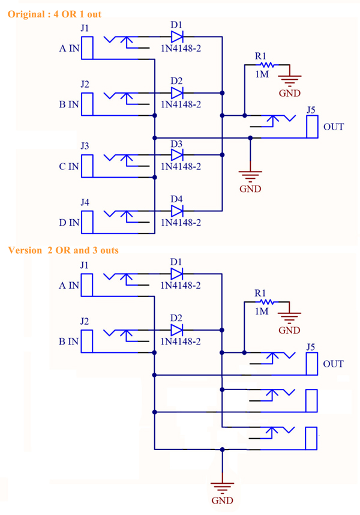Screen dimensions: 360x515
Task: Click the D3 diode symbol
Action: pyautogui.click(x=177, y=155)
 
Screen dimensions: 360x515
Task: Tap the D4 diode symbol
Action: pyautogui.click(x=177, y=211)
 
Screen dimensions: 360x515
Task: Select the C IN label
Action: pyautogui.click(x=69, y=166)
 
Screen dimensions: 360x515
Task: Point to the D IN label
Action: pyautogui.click(x=69, y=223)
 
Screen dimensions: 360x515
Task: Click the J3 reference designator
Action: pyautogui.click(x=85, y=145)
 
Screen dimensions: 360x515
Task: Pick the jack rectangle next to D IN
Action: pyautogui.click(x=87, y=222)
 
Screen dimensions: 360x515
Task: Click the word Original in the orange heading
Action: pyautogui.click(x=26, y=14)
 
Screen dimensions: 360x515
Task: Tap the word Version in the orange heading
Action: pyautogui.click(x=25, y=250)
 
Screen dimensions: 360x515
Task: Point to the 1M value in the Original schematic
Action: pyautogui.click(x=262, y=74)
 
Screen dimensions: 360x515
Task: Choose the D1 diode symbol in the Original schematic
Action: pyautogui.click(x=177, y=37)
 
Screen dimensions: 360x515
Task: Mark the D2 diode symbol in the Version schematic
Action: pyautogui.click(x=177, y=330)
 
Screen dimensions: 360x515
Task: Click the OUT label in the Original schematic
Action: pyautogui.click(x=334, y=127)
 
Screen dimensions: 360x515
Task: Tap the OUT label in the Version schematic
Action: pyautogui.click(x=333, y=364)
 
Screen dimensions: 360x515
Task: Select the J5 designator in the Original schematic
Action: pyautogui.click(x=311, y=110)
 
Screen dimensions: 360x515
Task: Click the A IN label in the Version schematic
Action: pyautogui.click(x=69, y=286)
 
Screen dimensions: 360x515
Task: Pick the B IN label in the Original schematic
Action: pyautogui.click(x=69, y=104)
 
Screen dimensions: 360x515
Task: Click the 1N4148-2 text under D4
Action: pyautogui.click(x=181, y=222)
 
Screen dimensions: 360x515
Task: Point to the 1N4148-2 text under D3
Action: pyautogui.click(x=181, y=166)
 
